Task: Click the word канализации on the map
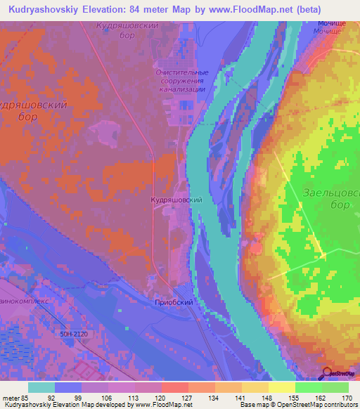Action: [181, 90]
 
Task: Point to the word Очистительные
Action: [181, 72]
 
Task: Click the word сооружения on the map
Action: [181, 82]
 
